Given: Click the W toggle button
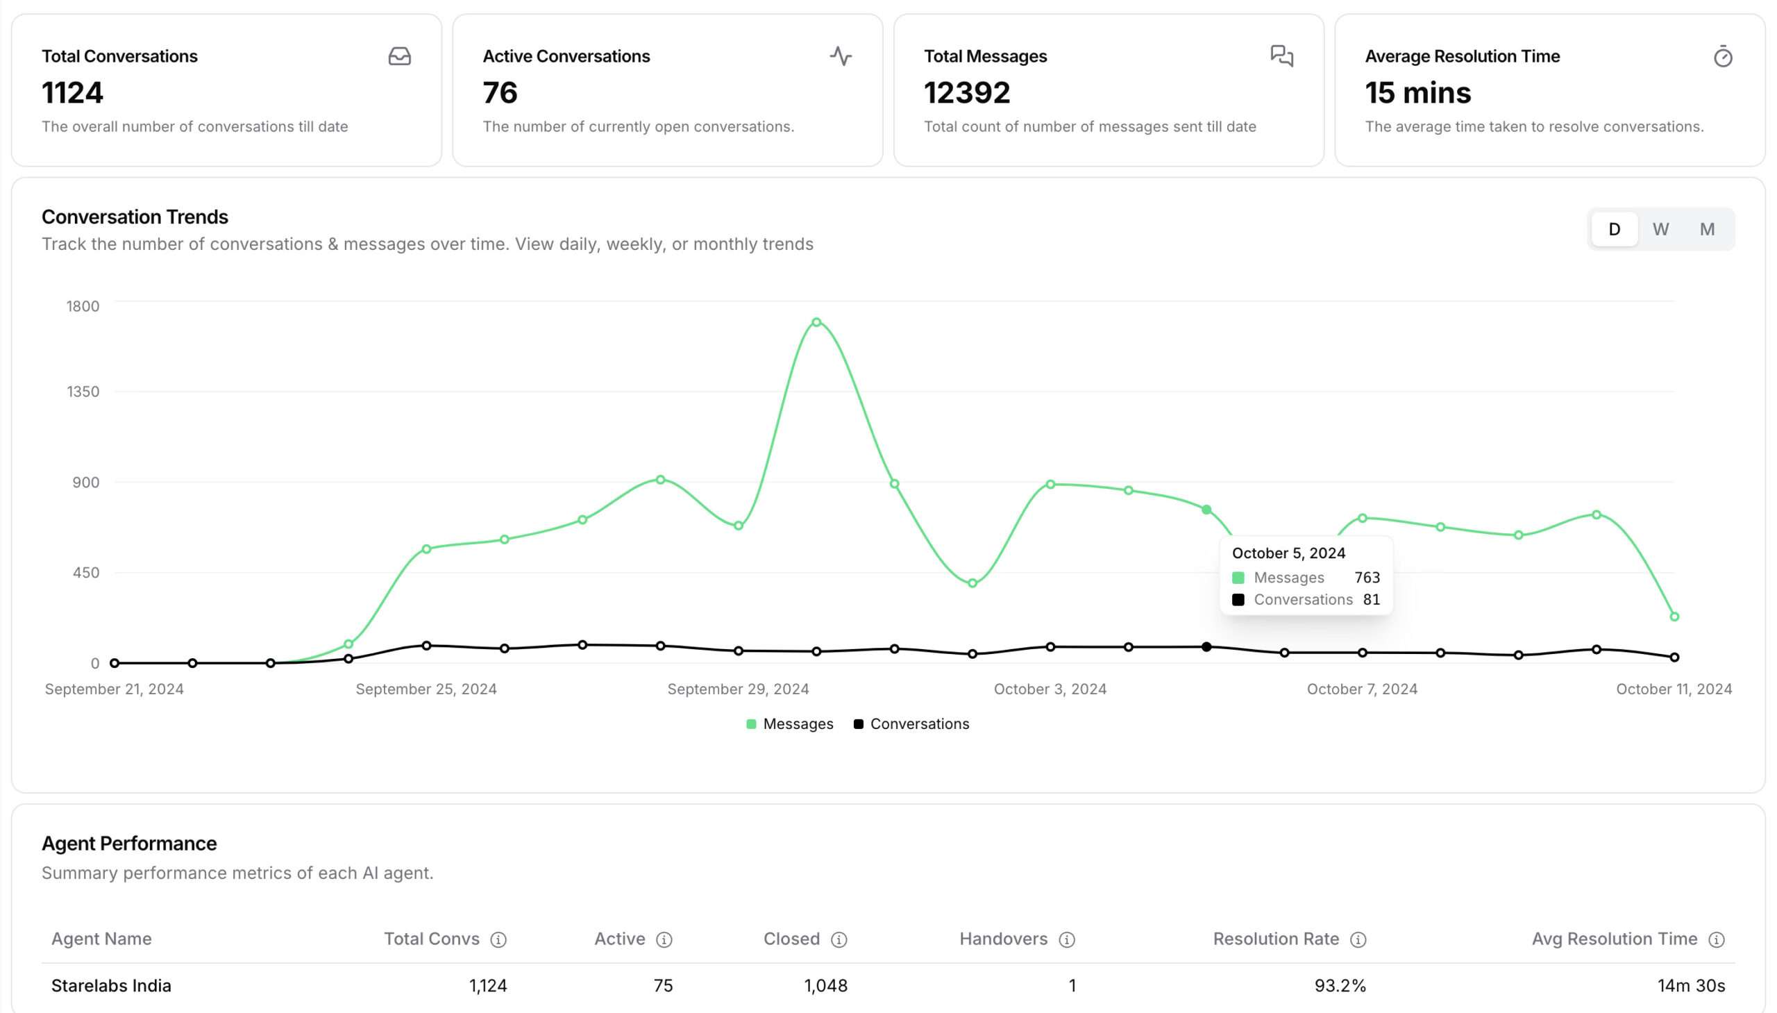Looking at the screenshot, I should click(1660, 229).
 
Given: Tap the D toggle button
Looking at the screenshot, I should click(1614, 229).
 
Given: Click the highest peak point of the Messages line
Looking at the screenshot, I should click(816, 322).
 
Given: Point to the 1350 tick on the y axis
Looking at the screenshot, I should click(83, 392).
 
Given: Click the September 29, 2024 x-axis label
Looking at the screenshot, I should click(737, 689).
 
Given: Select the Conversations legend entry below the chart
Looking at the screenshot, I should click(911, 723).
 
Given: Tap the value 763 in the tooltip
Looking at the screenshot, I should click(1367, 578).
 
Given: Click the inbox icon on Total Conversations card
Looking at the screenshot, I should click(399, 56).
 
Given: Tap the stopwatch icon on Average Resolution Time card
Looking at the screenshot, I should click(1722, 56).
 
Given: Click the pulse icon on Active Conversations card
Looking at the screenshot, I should click(840, 56).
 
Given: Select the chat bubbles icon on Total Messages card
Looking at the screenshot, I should click(1281, 56).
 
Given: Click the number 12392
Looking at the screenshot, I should click(966, 93).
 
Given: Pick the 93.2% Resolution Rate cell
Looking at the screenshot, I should click(1340, 985).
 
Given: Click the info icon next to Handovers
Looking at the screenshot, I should click(1066, 940).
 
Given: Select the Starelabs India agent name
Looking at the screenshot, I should click(111, 985).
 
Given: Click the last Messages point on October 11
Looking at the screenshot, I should click(1674, 617).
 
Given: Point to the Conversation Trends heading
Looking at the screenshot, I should click(135, 217).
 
